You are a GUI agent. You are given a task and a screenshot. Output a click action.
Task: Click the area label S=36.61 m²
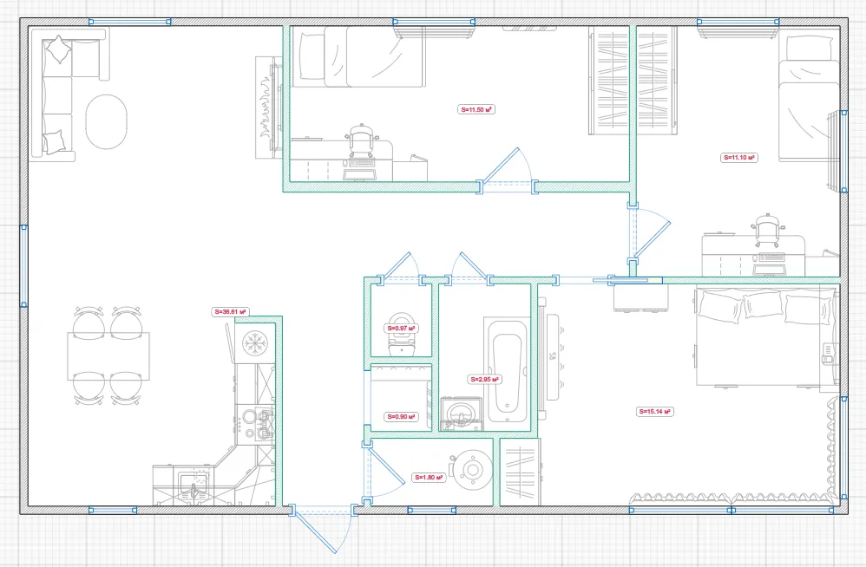click(x=230, y=312)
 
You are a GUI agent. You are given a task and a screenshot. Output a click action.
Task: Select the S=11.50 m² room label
click(x=476, y=110)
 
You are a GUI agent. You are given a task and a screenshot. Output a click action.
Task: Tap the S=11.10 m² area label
click(x=739, y=158)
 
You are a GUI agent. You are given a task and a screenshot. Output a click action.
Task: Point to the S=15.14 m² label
click(x=655, y=412)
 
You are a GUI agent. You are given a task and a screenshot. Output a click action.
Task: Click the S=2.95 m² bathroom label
click(x=485, y=380)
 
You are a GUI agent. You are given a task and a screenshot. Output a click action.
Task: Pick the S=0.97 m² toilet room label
click(x=400, y=329)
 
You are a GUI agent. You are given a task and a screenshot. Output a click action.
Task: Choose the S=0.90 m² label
click(x=401, y=417)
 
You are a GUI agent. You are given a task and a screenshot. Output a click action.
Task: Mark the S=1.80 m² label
click(x=429, y=478)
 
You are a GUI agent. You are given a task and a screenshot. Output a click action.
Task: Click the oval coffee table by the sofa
click(x=106, y=122)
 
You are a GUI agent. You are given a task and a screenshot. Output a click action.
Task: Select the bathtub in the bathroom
click(x=507, y=371)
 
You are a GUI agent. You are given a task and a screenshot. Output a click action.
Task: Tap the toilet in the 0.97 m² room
click(x=402, y=335)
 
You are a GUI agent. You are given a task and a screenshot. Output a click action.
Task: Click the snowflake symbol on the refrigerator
click(x=254, y=342)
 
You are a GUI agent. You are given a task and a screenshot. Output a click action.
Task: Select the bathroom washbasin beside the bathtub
click(x=461, y=414)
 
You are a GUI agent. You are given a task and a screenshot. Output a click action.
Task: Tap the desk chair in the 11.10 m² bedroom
click(x=769, y=230)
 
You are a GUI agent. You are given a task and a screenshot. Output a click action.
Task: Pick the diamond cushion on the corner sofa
click(x=58, y=49)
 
